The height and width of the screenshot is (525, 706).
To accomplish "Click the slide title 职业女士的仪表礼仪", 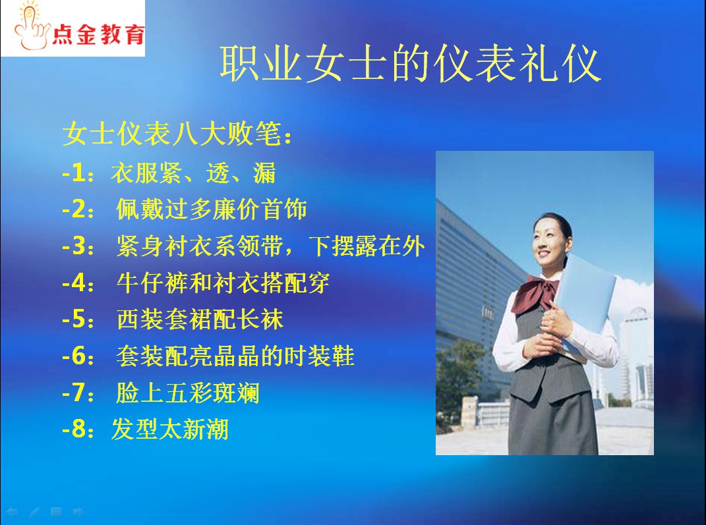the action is tap(410, 63).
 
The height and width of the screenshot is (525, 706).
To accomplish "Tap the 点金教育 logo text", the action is tap(98, 35).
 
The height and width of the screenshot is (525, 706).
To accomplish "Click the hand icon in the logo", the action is tap(30, 26).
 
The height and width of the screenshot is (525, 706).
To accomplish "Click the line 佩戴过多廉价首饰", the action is tap(212, 209).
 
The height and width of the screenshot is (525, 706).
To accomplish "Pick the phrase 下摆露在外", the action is tap(367, 246).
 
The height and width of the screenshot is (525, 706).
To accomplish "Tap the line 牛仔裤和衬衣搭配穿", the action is tap(223, 283).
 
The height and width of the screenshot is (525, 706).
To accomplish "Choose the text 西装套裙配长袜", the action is tap(200, 319).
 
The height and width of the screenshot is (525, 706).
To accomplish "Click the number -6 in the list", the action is tap(74, 356).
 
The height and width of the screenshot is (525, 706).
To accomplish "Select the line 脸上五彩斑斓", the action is tap(188, 393).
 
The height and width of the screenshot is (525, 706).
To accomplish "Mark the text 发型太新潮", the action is tap(170, 429).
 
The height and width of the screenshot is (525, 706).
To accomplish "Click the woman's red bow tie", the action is tap(536, 293).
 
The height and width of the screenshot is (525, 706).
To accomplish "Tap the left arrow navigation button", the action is tap(12, 512).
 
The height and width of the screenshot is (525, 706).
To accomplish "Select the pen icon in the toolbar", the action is tap(34, 512).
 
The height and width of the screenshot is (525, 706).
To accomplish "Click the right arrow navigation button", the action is tap(78, 512).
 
